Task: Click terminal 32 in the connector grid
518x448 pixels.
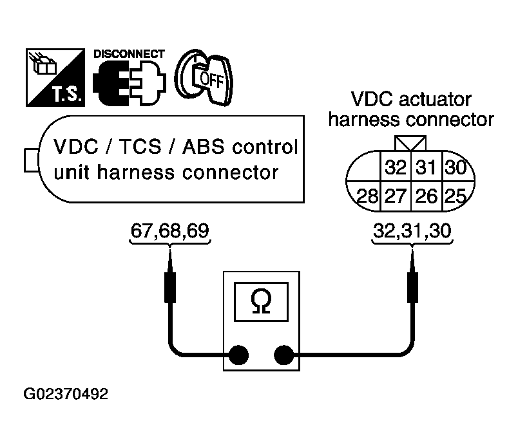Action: [x=396, y=167]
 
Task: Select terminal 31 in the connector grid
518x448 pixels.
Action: [x=426, y=167]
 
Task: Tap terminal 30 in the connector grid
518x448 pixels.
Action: [x=456, y=167]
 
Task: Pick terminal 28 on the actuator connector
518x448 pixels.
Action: [x=368, y=196]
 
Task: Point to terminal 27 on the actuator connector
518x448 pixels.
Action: [x=396, y=196]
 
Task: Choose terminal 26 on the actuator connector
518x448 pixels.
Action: [x=426, y=196]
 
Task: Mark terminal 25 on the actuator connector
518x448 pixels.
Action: [x=456, y=196]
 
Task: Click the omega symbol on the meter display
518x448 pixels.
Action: [x=261, y=301]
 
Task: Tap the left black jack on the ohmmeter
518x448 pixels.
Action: [x=238, y=355]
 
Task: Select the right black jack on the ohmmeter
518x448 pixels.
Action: [x=283, y=355]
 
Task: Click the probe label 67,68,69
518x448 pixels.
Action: [x=170, y=230]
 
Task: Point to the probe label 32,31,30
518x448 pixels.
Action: [x=412, y=230]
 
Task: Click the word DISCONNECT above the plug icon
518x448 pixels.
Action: [x=129, y=54]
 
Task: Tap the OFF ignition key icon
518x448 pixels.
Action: [x=204, y=77]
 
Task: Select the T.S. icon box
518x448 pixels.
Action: [x=55, y=78]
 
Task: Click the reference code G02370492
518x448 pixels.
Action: [x=66, y=394]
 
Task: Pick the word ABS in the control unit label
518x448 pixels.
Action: [x=203, y=147]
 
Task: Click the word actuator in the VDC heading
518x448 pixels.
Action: [x=435, y=99]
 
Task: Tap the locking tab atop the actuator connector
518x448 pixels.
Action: [x=410, y=144]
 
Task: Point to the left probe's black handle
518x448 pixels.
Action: [x=170, y=287]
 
